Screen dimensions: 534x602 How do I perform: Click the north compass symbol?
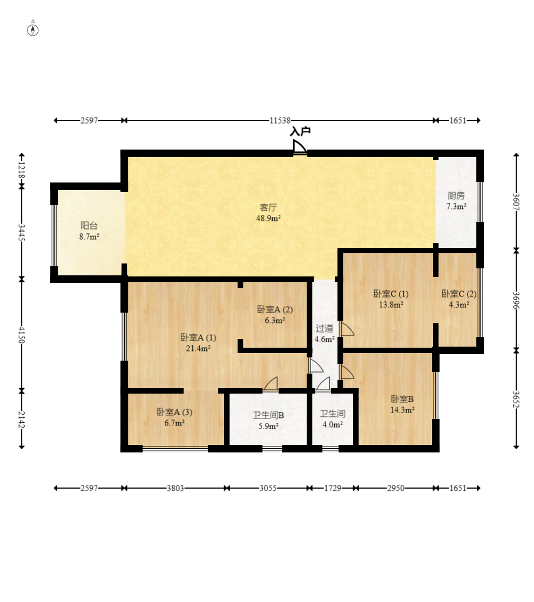click(32, 30)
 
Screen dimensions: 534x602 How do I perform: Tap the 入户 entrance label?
click(300, 132)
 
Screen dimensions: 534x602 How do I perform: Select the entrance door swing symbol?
click(300, 147)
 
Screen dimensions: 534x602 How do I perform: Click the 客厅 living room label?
click(268, 207)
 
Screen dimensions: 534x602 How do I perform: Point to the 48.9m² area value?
click(268, 218)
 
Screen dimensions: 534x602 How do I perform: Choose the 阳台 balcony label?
click(89, 226)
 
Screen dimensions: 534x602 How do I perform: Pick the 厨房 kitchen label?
click(456, 195)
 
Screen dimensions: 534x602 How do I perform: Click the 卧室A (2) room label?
click(275, 309)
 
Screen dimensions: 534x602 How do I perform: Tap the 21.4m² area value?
click(198, 348)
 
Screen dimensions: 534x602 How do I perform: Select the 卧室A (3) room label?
click(174, 412)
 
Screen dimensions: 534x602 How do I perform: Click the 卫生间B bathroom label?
click(268, 415)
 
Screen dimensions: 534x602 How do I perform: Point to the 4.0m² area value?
click(333, 424)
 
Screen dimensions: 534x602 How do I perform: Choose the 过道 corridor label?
click(325, 328)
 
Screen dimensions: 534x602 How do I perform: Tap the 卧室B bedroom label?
click(402, 399)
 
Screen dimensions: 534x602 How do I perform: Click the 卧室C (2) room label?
click(459, 294)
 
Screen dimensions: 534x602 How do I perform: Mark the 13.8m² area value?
click(391, 305)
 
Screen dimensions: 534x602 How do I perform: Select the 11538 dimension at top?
click(280, 120)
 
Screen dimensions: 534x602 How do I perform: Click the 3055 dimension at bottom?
click(268, 488)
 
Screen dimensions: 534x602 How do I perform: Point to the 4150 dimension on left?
click(22, 335)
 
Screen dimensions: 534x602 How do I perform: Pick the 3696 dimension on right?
click(516, 300)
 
